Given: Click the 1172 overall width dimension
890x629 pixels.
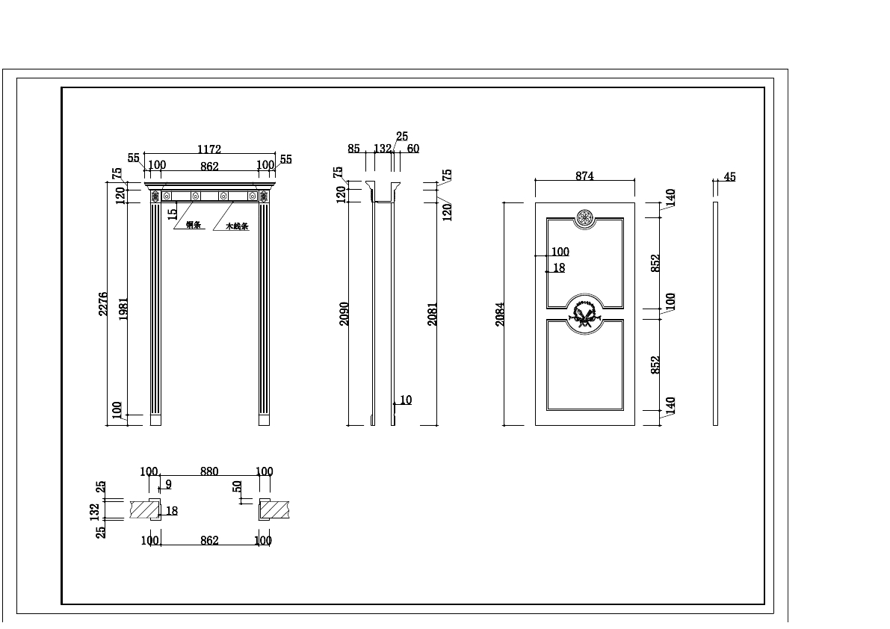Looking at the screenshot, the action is pos(210,149).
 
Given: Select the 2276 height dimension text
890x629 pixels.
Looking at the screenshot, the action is pos(103,304).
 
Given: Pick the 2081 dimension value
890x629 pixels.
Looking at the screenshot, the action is pos(432,314).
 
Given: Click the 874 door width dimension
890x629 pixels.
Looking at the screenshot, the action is pos(584,176).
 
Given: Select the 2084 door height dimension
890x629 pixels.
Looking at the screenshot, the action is pos(500,314).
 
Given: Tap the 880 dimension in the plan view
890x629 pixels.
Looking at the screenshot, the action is pos(209,471).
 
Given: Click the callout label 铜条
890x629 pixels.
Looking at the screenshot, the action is pos(194,225).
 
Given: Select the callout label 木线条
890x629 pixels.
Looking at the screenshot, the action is pos(237,226).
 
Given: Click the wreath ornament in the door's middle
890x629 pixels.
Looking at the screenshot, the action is pos(584,314).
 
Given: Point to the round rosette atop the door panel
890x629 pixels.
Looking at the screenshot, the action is pos(584,218).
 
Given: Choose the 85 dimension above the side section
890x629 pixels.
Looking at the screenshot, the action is pos(353,149).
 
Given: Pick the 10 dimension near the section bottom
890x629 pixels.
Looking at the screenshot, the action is pos(405,400).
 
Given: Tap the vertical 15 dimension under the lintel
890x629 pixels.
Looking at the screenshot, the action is pos(173,213).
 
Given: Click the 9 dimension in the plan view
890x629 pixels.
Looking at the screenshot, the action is pos(168,484).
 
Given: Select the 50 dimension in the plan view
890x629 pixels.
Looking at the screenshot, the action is pos(237,486).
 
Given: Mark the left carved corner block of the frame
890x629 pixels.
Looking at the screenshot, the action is pos(155,196).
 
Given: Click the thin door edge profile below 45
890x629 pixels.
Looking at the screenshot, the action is pos(715,314).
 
